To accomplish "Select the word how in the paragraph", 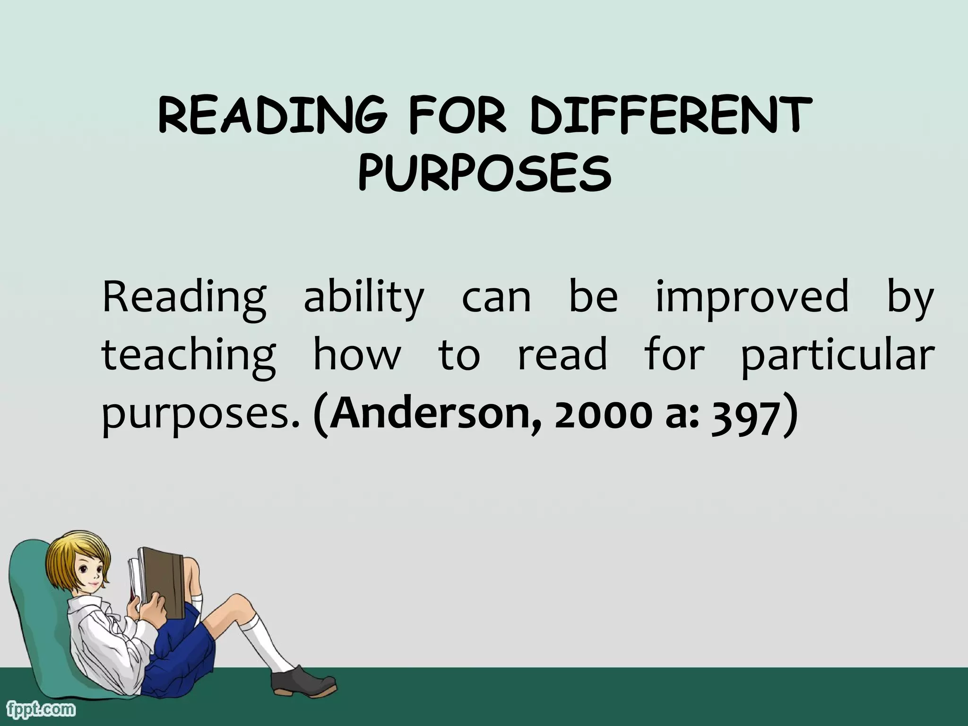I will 357,355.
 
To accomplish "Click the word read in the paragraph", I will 562,355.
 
